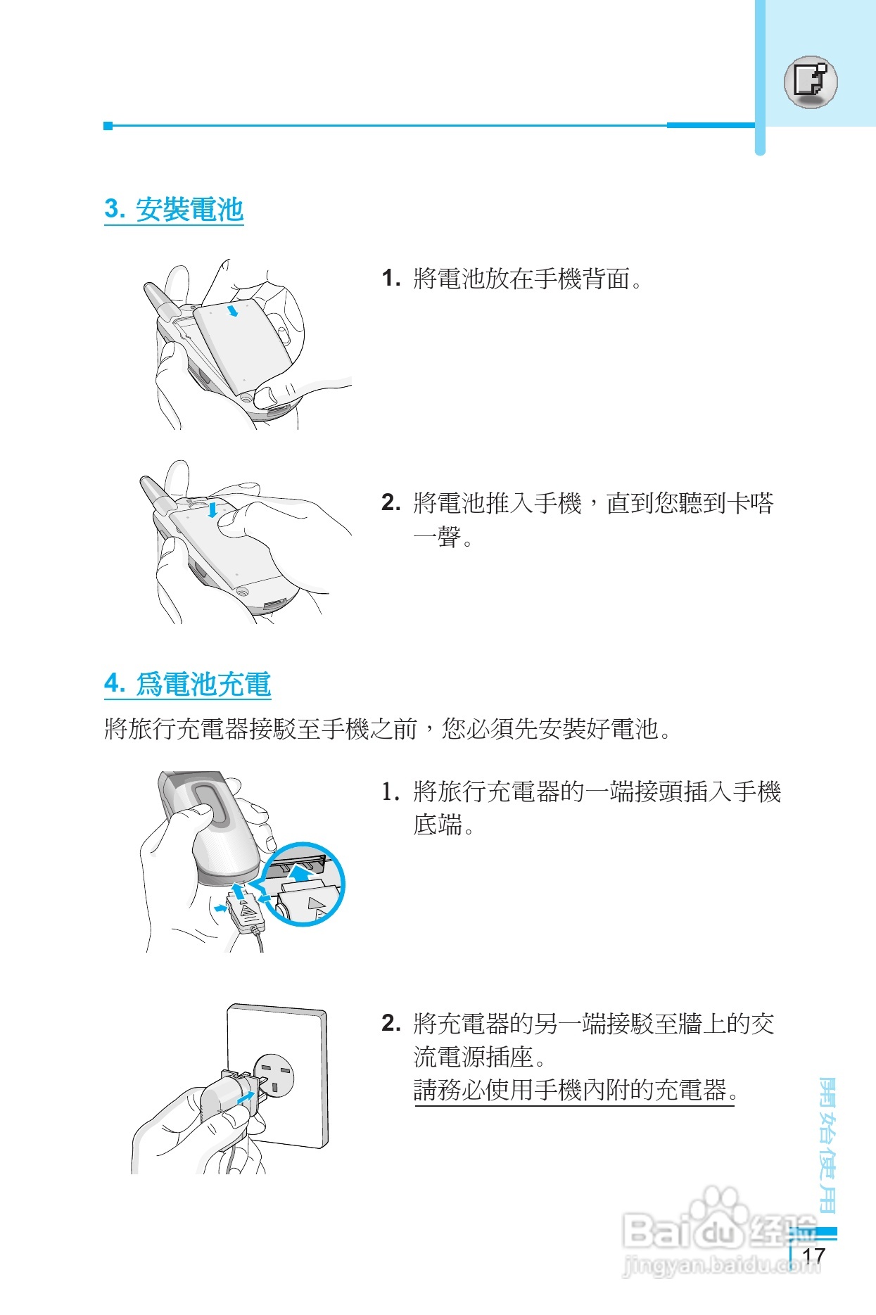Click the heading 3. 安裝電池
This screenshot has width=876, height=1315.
tap(173, 210)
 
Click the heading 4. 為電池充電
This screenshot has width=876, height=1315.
tap(187, 684)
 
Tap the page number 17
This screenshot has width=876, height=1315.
tap(813, 1255)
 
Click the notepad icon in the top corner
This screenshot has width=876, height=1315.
tap(811, 80)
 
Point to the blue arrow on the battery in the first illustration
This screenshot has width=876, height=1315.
tap(233, 310)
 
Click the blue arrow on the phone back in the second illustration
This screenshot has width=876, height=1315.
tap(212, 509)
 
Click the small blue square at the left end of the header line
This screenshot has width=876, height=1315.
tap(108, 126)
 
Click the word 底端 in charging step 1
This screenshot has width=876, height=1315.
tap(438, 825)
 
